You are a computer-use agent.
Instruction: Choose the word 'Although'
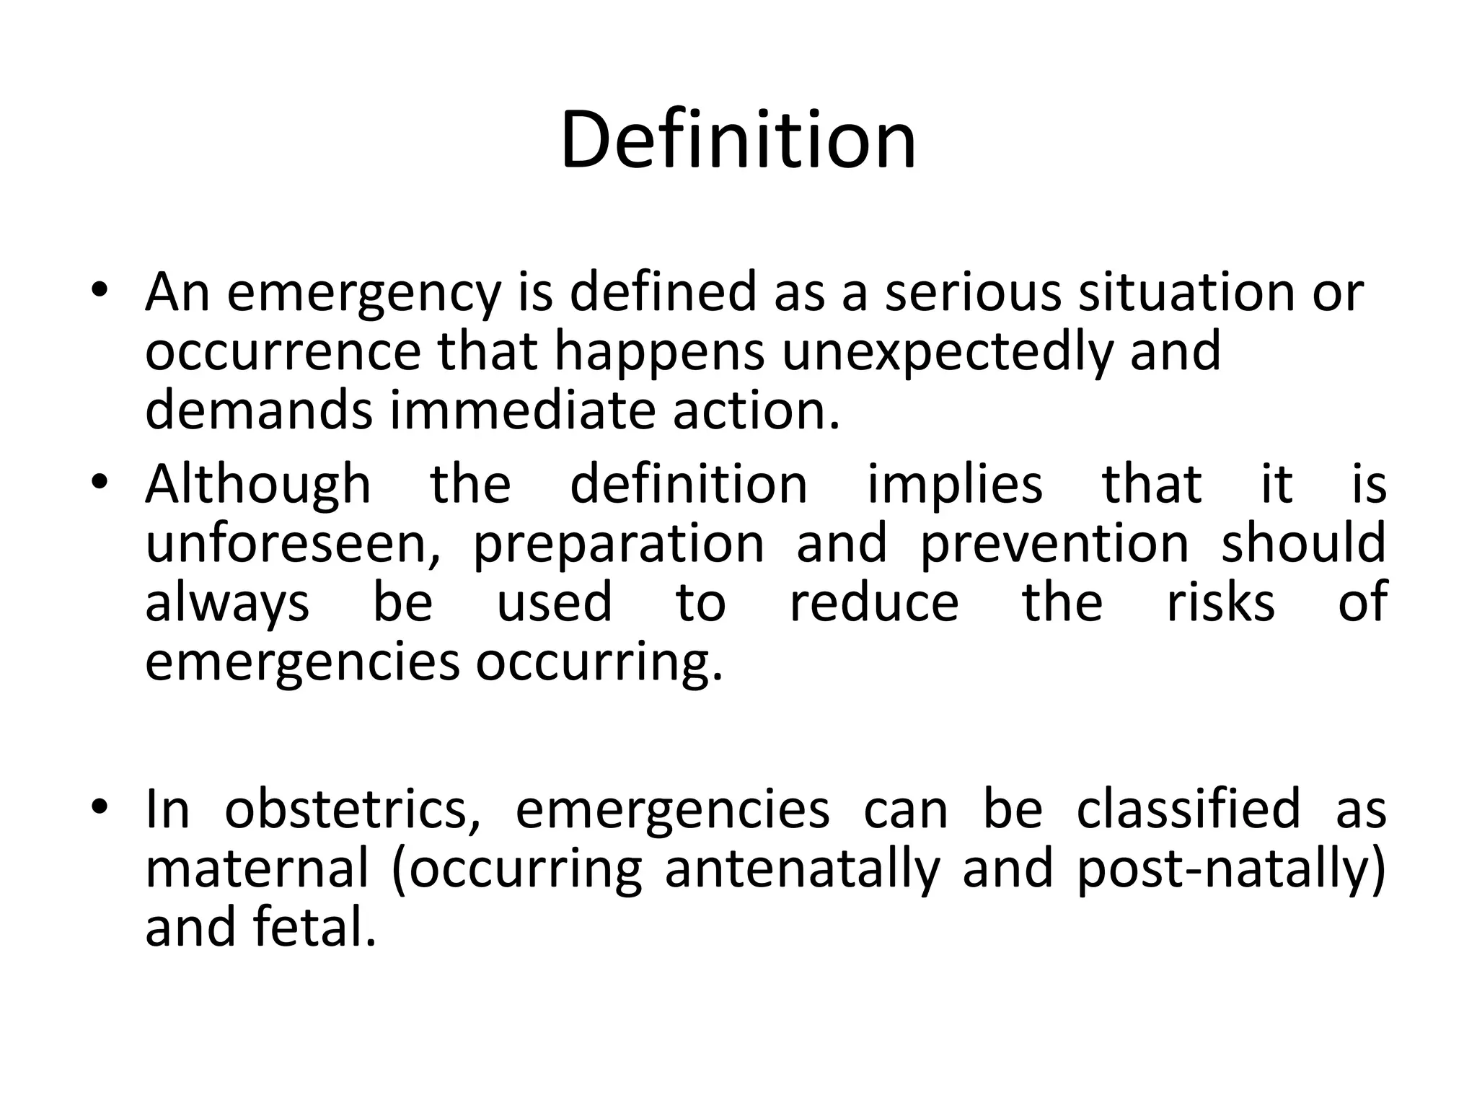click(x=258, y=485)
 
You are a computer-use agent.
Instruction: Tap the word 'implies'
click(x=954, y=485)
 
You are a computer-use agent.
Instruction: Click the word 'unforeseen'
click(x=293, y=543)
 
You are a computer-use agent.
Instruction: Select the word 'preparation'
click(x=618, y=545)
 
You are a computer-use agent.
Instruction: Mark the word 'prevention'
click(x=1054, y=545)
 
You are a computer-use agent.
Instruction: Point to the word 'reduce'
click(x=874, y=602)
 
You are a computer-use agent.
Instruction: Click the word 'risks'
click(x=1220, y=602)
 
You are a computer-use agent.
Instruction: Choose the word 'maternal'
click(x=257, y=869)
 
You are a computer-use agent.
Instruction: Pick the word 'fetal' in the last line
click(x=314, y=928)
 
